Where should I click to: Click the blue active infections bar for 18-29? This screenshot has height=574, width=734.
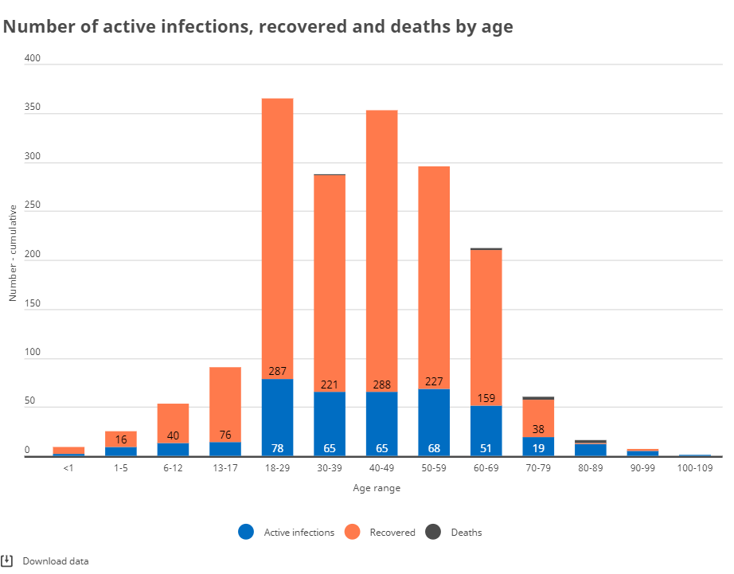(277, 418)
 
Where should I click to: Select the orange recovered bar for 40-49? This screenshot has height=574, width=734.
(382, 239)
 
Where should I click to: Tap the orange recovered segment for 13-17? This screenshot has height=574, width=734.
(225, 398)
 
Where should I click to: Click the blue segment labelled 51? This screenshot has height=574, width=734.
(486, 447)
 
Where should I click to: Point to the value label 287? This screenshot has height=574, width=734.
(277, 371)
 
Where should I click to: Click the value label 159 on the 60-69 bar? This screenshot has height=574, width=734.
(486, 397)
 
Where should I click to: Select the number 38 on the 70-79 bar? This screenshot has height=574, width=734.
(538, 429)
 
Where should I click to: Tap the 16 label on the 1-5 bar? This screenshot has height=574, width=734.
(121, 439)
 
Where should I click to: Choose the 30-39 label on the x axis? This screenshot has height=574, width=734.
(330, 469)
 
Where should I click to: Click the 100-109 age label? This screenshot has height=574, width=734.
(695, 469)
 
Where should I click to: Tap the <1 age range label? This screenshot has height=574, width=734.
(68, 469)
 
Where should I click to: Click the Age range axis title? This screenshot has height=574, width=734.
(377, 489)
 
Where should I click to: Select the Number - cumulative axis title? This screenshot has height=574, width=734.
(13, 252)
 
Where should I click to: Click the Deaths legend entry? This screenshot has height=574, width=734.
(466, 533)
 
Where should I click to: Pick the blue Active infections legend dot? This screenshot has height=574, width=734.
(246, 533)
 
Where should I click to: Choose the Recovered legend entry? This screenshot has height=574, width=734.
(392, 533)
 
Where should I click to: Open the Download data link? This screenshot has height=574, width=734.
(55, 561)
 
